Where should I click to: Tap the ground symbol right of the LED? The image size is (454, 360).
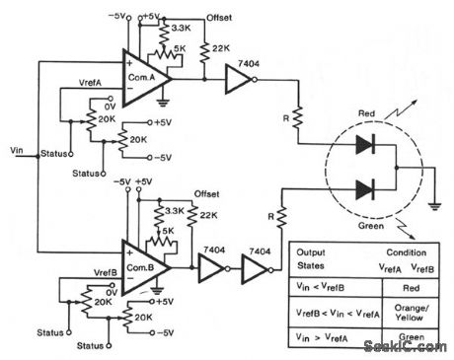(434, 204)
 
